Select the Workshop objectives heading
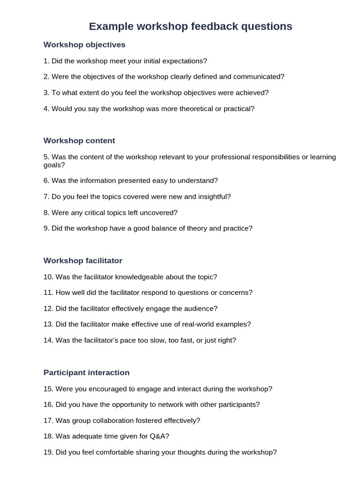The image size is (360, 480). coord(84,45)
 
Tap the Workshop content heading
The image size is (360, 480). coord(79,141)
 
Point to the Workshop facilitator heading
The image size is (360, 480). coord(83,261)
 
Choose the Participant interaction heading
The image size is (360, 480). coord(86,373)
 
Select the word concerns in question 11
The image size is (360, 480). coord(237,293)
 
